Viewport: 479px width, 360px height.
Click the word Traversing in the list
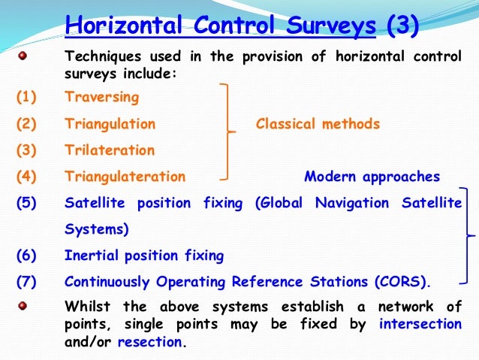102,97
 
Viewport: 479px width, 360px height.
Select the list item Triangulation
110,124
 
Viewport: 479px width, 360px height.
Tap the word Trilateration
110,150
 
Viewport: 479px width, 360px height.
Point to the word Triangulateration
125,177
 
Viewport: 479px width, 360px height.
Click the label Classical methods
318,124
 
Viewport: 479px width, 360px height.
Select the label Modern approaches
372,177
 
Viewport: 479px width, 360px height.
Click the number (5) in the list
26,204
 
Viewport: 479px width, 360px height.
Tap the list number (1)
26,97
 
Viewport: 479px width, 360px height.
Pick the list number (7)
26,283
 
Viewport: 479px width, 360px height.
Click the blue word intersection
420,325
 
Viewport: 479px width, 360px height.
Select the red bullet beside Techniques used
23,56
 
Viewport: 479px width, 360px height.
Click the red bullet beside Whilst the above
23,306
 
